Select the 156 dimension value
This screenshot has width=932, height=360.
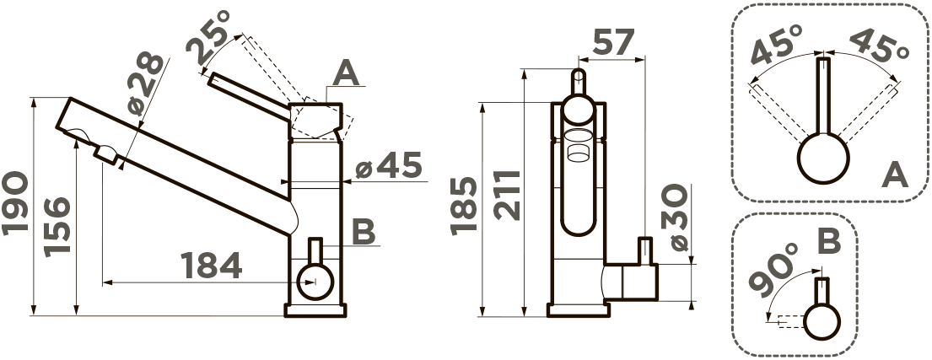(57, 226)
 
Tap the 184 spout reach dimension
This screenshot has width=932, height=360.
(211, 266)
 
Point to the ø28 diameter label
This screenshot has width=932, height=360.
(146, 83)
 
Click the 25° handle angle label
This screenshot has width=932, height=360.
(208, 37)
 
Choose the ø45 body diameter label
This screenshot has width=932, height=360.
(389, 165)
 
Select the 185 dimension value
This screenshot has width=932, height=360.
(464, 206)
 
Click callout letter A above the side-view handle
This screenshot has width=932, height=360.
(347, 75)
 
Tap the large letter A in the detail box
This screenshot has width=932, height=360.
(895, 175)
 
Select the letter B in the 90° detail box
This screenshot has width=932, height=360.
(828, 242)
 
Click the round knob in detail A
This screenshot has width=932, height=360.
(823, 158)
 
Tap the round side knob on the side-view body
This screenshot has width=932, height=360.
(315, 282)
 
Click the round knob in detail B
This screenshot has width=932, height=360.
(822, 321)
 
